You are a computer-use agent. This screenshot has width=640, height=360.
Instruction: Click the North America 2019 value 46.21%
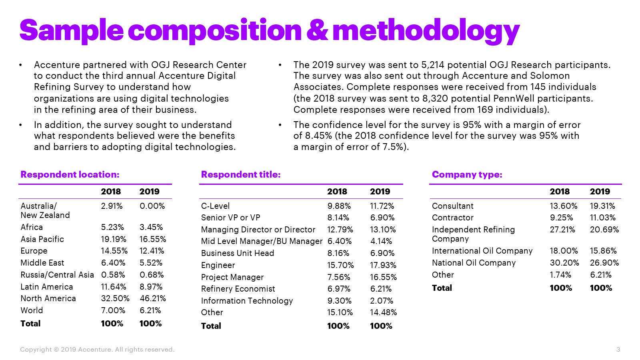pyautogui.click(x=152, y=298)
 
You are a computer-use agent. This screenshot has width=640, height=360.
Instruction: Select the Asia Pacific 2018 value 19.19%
pyautogui.click(x=114, y=239)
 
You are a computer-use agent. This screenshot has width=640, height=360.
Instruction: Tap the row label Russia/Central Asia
pyautogui.click(x=57, y=275)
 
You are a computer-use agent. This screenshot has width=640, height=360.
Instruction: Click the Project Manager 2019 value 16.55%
pyautogui.click(x=383, y=277)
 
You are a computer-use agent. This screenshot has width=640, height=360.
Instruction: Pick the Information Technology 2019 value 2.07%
pyautogui.click(x=381, y=301)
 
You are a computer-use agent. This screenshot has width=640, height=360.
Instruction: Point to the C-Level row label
pyautogui.click(x=215, y=206)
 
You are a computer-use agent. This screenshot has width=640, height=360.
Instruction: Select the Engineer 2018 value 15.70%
pyautogui.click(x=340, y=265)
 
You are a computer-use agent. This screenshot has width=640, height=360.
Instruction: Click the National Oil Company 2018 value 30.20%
pyautogui.click(x=564, y=263)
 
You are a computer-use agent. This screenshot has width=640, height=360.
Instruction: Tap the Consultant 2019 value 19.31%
pyautogui.click(x=602, y=206)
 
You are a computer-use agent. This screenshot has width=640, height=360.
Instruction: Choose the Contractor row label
pyautogui.click(x=452, y=218)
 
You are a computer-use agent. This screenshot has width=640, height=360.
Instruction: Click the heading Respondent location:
pyautogui.click(x=70, y=174)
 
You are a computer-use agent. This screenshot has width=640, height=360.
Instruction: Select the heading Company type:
pyautogui.click(x=467, y=174)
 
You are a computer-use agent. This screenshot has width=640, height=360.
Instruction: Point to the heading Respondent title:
pyautogui.click(x=241, y=174)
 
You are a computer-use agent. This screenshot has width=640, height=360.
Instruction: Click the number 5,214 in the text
pyautogui.click(x=433, y=65)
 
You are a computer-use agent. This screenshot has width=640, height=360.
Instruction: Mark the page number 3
pyautogui.click(x=618, y=350)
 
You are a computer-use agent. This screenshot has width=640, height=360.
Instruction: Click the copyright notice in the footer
pyautogui.click(x=97, y=350)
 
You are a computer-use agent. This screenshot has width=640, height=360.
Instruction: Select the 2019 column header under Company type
pyautogui.click(x=600, y=192)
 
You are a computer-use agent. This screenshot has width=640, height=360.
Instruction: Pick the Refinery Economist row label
pyautogui.click(x=238, y=289)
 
